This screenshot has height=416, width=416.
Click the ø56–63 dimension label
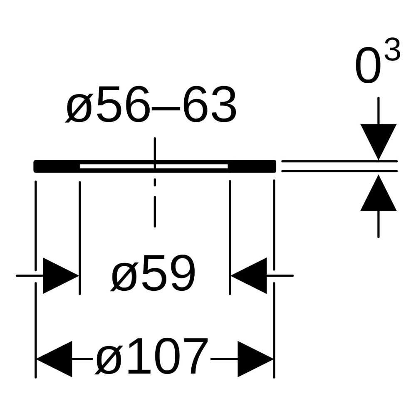pos(151,104)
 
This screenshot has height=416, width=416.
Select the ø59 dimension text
pos(153,273)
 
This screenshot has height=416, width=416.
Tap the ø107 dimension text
pos(151,357)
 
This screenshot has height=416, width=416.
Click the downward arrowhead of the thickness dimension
pos(378,142)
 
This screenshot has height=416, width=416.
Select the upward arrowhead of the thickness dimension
pos(378,193)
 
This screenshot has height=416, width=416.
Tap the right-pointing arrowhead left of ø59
pos(61,276)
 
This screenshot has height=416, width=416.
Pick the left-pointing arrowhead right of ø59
pos(249,276)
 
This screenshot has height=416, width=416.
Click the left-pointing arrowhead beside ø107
pos(54,359)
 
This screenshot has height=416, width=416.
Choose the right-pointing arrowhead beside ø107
pos(255,359)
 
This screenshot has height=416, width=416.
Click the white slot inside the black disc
pos(154,166)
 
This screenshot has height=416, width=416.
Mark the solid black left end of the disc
pos(57,166)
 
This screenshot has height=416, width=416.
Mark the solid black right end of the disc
pos(252,166)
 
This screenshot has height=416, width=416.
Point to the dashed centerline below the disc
pos(155,203)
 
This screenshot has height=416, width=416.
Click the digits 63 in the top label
pos(210,104)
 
